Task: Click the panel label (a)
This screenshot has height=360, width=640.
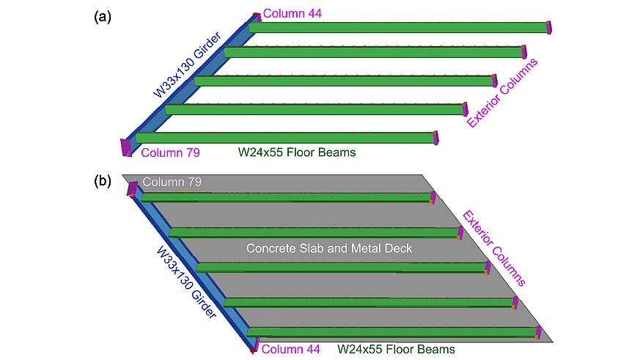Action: tap(103, 17)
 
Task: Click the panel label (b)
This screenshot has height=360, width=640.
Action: tap(103, 180)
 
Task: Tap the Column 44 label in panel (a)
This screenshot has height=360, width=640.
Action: tap(292, 13)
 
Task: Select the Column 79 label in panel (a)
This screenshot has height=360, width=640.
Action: tap(170, 153)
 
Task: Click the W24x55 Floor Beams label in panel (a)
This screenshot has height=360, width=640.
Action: tap(297, 153)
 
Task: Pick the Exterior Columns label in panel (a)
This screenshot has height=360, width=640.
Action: tap(503, 93)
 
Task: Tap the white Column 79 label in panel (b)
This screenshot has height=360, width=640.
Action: tap(172, 181)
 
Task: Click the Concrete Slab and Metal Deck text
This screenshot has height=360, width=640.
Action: tap(329, 249)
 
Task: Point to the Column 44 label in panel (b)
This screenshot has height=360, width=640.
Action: tap(290, 349)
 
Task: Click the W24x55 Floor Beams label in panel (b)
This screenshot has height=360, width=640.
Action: tap(396, 349)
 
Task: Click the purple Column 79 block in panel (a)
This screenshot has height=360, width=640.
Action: tap(127, 147)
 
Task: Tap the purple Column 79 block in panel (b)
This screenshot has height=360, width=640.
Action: tap(133, 188)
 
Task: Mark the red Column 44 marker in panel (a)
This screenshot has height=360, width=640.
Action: tap(257, 15)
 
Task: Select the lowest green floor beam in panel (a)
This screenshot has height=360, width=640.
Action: tap(286, 138)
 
